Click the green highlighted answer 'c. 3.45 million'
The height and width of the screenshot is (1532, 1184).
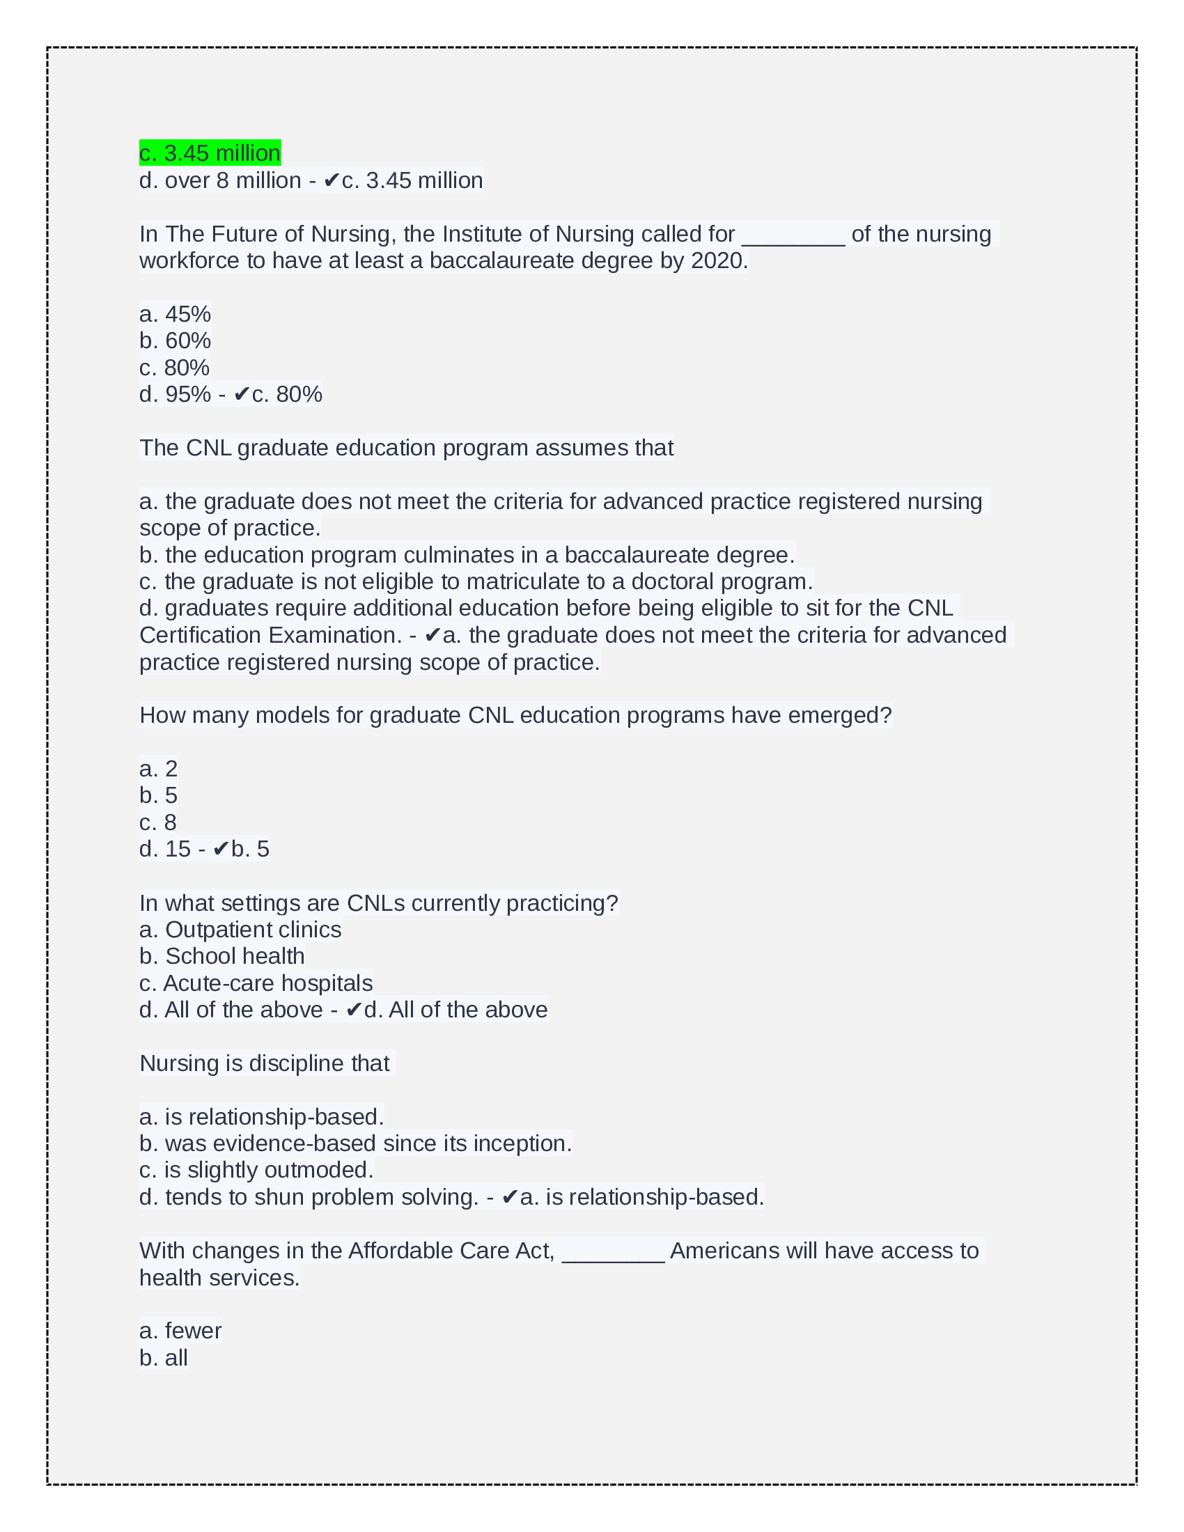(210, 153)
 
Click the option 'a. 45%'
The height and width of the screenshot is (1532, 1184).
(175, 313)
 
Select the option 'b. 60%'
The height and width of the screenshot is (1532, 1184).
(175, 341)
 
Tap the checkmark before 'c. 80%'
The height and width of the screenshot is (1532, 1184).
(242, 394)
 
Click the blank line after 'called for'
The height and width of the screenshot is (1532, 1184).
(793, 235)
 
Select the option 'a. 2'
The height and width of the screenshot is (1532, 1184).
(159, 768)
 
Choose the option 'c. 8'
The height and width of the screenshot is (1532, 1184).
(158, 822)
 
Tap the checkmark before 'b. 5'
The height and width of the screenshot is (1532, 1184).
(221, 849)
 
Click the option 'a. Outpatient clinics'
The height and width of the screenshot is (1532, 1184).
(240, 930)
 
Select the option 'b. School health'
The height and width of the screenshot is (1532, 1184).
(221, 956)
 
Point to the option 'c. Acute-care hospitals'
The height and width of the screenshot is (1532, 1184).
(256, 983)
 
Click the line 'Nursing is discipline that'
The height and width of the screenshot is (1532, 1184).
(265, 1063)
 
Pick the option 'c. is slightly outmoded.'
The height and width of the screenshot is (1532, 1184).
(256, 1170)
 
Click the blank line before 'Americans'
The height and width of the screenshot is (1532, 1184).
(613, 1252)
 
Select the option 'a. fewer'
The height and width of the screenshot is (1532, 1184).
(180, 1331)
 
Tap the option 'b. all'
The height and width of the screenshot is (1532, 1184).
(164, 1358)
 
